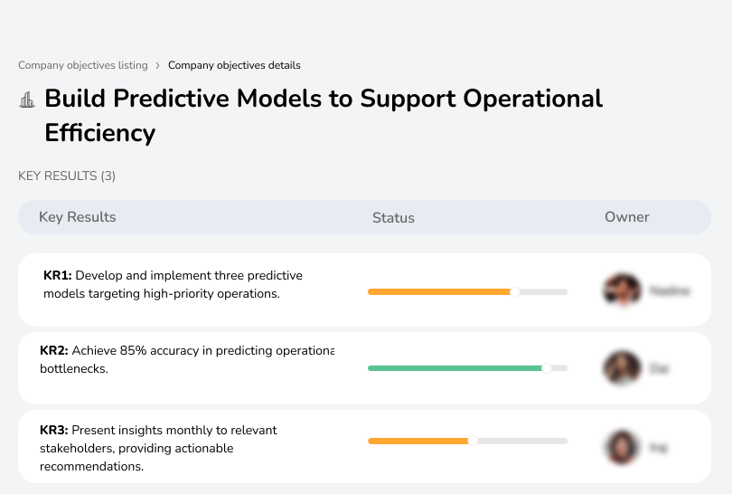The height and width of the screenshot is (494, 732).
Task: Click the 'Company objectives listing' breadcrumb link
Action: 82,65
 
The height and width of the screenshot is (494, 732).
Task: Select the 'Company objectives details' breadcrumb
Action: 234,65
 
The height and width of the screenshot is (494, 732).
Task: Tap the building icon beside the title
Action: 27,100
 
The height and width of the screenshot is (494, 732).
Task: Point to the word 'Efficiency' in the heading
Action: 99,133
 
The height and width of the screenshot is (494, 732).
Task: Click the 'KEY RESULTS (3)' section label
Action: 67,176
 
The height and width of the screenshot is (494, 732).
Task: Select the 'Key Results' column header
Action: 77,217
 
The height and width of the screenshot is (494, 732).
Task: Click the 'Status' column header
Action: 393,217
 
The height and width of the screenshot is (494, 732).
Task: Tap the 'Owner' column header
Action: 627,217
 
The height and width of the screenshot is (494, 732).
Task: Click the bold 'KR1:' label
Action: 58,275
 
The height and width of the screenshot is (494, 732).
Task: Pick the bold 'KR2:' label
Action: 54,350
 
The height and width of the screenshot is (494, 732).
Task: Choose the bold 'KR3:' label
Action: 54,430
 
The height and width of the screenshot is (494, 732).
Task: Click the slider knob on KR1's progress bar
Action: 515,291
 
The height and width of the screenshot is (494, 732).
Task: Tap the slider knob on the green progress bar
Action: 546,368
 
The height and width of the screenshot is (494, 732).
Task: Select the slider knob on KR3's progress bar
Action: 472,441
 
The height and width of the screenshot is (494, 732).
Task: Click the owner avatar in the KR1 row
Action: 622,290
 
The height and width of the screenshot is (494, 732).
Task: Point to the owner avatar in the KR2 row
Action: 622,368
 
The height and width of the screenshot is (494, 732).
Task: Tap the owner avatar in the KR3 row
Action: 622,447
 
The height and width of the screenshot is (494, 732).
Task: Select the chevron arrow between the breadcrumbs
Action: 157,65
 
